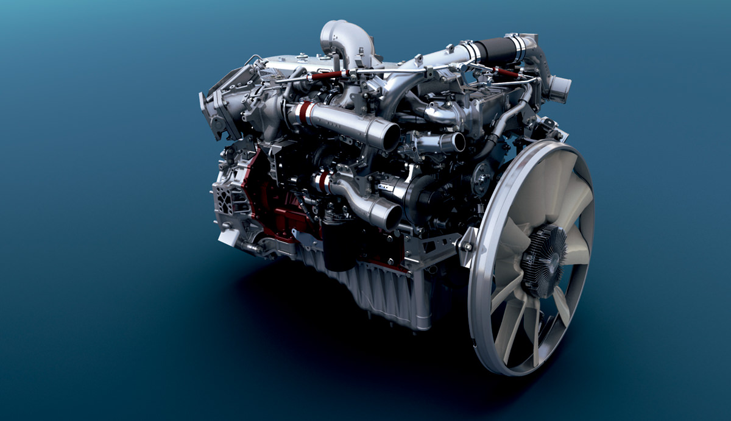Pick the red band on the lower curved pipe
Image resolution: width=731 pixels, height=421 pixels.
click(x=323, y=182)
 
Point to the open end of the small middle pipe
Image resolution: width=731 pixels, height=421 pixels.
click(x=453, y=143)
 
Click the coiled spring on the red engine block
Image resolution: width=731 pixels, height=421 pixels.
click(x=303, y=210)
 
